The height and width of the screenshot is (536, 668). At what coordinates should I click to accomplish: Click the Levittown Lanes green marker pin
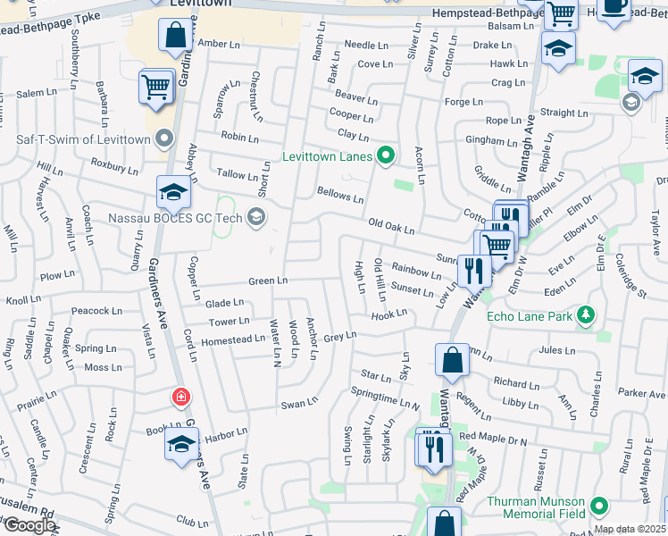pyautogui.click(x=386, y=155)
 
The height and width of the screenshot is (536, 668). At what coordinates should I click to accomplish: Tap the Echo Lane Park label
pyautogui.click(x=529, y=315)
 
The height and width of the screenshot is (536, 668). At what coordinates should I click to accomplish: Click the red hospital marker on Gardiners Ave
pyautogui.click(x=181, y=396)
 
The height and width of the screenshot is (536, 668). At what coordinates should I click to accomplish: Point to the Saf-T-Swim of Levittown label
pyautogui.click(x=84, y=138)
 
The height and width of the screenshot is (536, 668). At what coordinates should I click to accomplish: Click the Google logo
pyautogui.click(x=29, y=526)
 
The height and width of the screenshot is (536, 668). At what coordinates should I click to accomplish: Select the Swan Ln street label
pyautogui.click(x=294, y=404)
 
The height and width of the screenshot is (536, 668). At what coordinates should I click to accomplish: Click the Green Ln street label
pyautogui.click(x=268, y=281)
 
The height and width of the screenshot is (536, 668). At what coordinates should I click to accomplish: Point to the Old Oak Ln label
pyautogui.click(x=391, y=229)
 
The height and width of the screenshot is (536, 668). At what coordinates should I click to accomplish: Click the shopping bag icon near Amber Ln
pyautogui.click(x=176, y=37)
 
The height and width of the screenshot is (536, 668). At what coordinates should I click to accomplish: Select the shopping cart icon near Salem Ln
pyautogui.click(x=155, y=88)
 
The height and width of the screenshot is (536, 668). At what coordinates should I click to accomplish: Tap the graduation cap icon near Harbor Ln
pyautogui.click(x=181, y=445)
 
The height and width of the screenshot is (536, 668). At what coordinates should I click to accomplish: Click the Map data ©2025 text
pyautogui.click(x=630, y=529)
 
